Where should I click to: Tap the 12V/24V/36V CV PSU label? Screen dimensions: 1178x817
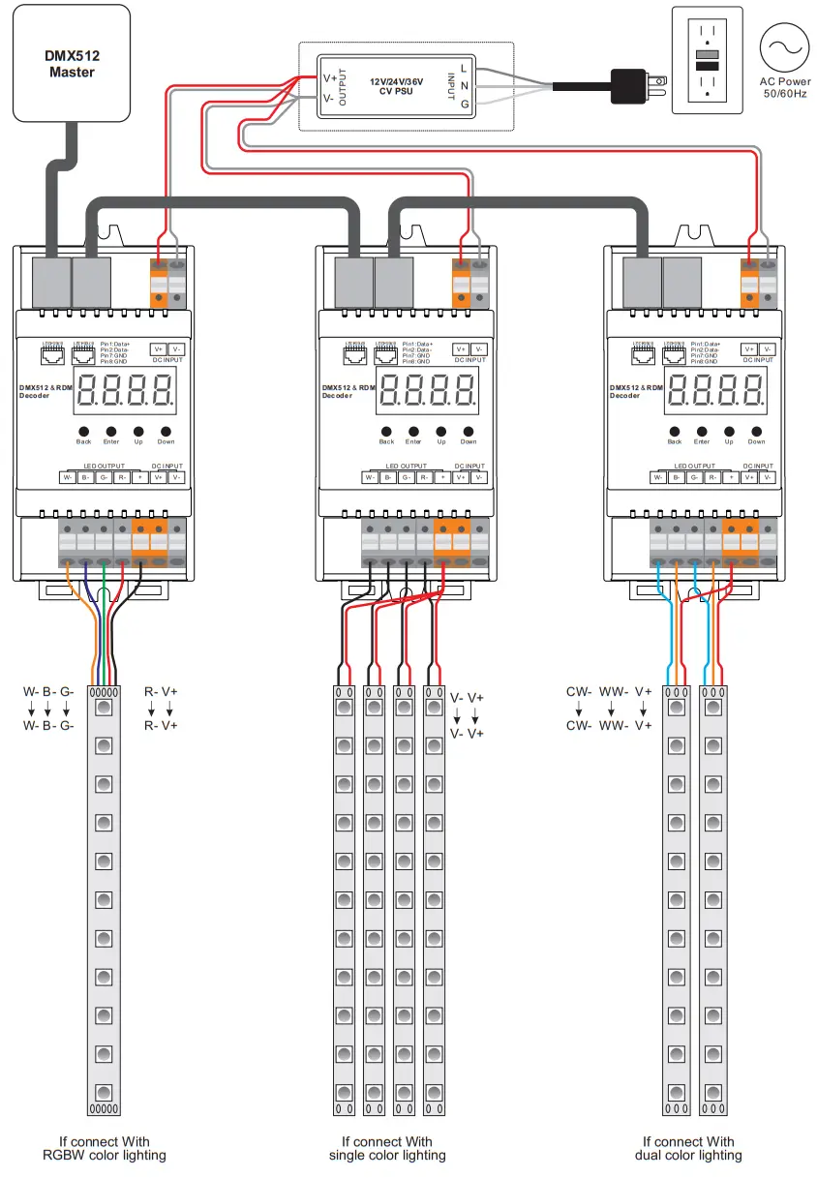point(397,84)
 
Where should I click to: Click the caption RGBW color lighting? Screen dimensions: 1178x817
point(104,1155)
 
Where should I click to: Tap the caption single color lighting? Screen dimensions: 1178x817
point(387,1155)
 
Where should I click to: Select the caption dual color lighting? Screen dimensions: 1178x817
point(688,1155)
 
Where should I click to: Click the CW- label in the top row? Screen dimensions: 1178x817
point(579,691)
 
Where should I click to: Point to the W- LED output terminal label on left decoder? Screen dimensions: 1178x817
point(67,477)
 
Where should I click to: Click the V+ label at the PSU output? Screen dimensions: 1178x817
point(329,76)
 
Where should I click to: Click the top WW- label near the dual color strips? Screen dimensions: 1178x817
point(613,691)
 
